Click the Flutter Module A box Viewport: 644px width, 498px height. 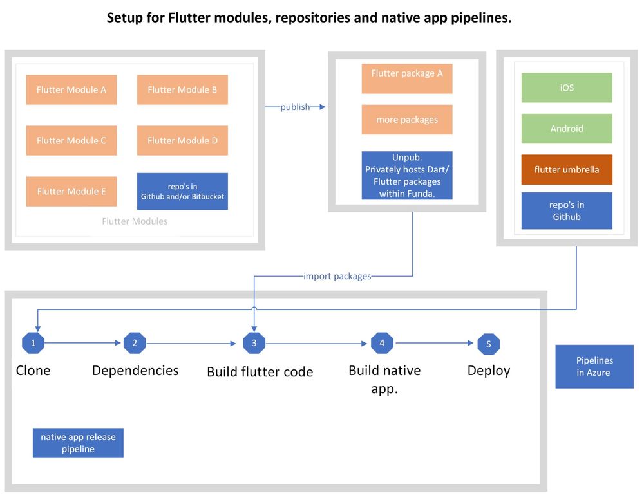click(71, 89)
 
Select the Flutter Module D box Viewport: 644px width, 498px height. click(182, 140)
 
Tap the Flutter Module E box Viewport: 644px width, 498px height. click(71, 191)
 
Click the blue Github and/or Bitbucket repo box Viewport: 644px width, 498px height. click(182, 191)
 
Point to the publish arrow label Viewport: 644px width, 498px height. click(295, 107)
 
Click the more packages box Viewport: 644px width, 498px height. click(406, 120)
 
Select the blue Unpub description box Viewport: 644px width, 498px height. click(406, 175)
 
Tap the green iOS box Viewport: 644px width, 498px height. click(567, 88)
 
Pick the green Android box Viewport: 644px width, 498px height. click(567, 129)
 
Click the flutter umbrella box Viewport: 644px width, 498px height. click(567, 170)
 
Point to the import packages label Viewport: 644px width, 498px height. click(337, 276)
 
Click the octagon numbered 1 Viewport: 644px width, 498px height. click(33, 343)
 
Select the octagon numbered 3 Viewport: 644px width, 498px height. click(254, 343)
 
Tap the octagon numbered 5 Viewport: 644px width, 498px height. click(488, 344)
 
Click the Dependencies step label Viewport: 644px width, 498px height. click(135, 371)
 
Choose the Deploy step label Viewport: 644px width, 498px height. click(488, 371)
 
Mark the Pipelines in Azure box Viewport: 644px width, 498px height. click(594, 367)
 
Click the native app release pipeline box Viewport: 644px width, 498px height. click(78, 443)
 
